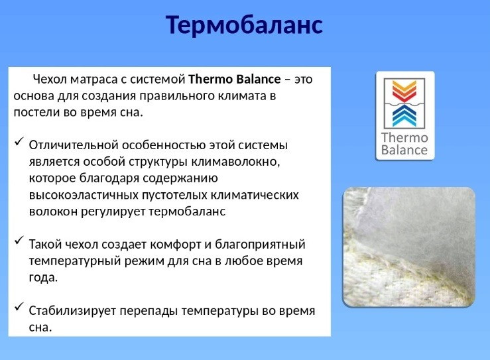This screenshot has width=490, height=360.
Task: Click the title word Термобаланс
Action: coord(244,25)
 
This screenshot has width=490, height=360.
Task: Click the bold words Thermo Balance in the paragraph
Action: coord(235,79)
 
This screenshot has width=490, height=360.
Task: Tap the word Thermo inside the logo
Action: coord(405,138)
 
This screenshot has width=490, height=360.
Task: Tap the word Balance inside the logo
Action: coord(405,150)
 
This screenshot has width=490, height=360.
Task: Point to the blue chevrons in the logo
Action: coord(405,115)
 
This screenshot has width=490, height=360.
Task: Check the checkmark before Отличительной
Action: coord(19,143)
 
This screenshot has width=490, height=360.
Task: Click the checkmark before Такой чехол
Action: coord(19,243)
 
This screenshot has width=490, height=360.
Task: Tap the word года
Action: coord(43,277)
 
